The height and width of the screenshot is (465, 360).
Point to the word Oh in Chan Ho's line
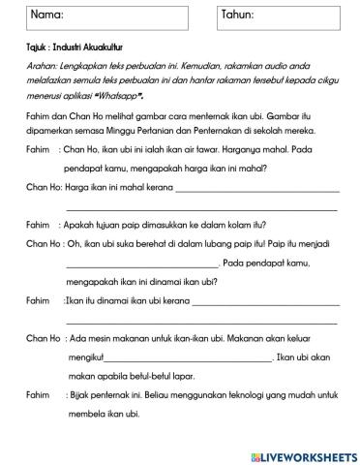[72, 246]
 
